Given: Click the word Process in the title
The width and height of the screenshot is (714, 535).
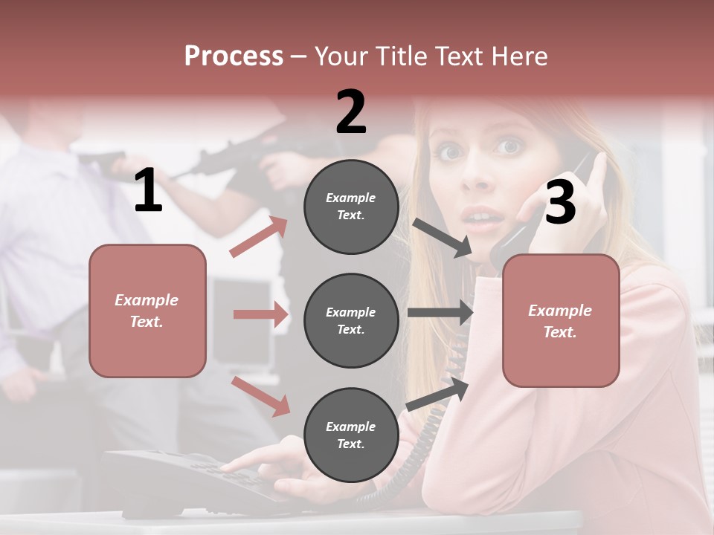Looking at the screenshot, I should (234, 56).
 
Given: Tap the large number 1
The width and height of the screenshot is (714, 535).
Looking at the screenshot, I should (148, 192).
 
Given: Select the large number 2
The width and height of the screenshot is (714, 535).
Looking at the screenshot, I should (351, 113).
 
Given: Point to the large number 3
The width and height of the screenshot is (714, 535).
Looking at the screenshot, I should (560, 204).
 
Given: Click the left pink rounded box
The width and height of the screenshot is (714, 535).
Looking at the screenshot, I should (147, 311).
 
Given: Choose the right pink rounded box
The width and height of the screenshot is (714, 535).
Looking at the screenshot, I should (561, 321).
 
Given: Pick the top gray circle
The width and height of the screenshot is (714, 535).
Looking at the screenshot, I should (351, 207).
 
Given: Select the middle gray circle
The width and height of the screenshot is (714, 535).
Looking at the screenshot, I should (351, 320).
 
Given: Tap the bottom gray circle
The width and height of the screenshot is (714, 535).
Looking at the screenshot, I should (351, 435).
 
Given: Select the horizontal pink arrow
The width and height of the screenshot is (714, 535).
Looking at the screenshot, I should (260, 314).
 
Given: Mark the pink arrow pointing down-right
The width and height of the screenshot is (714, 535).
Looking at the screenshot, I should (260, 395).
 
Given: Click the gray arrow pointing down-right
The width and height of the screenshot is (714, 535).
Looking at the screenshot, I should (442, 238).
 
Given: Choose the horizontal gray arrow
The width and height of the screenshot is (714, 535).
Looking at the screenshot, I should (440, 313).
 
